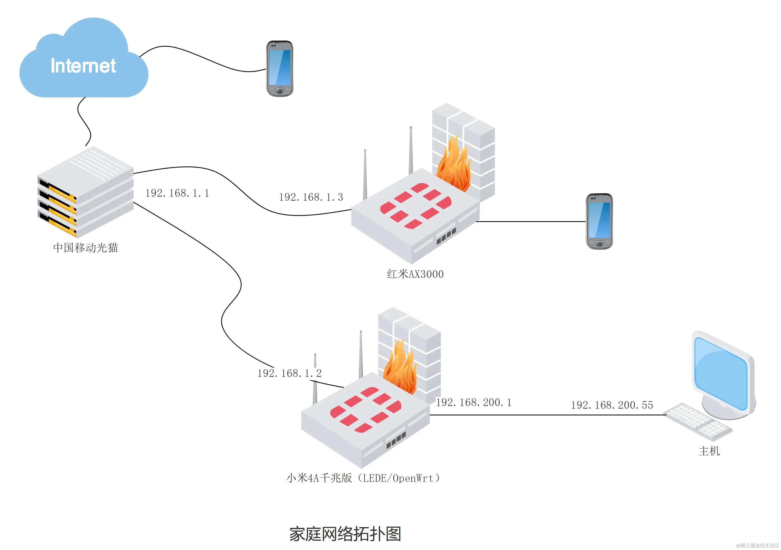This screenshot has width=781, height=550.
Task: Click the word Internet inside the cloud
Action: [x=83, y=66]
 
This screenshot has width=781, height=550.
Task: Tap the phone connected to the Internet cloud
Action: [x=279, y=69]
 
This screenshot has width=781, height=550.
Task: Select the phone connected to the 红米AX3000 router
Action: [x=599, y=221]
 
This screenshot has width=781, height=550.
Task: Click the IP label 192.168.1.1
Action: [x=177, y=193]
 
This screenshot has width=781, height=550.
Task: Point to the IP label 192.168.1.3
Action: [x=311, y=197]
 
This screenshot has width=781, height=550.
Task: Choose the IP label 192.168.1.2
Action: [x=289, y=373]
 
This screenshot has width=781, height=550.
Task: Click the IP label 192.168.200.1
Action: [x=474, y=402]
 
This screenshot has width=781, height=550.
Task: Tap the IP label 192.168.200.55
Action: [x=612, y=405]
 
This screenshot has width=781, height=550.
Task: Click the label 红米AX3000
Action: [x=415, y=274]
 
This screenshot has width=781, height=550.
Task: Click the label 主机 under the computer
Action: [x=709, y=451]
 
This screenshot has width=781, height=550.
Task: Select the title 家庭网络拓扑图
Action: [x=345, y=534]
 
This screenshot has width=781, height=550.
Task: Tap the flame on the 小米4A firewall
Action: [x=401, y=369]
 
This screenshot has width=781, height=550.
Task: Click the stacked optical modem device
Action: [x=85, y=192]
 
